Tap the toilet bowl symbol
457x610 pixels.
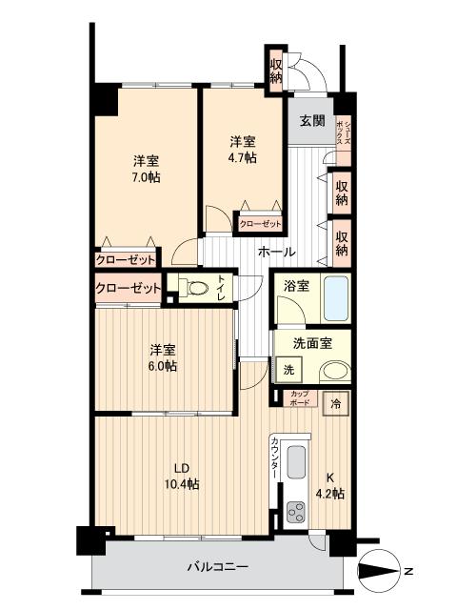pos(196,286)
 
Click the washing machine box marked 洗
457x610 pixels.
pos(286,370)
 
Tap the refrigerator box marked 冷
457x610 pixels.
pos(336,403)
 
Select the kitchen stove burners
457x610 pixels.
pos(295,512)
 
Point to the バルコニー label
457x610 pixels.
pos(218,567)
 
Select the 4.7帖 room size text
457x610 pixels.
pos(243,158)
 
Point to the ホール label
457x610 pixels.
pos(278,253)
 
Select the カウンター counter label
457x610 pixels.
pos(274,455)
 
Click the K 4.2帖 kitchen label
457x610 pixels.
pos(330,485)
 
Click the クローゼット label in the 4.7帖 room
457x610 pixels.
pos(259,224)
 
